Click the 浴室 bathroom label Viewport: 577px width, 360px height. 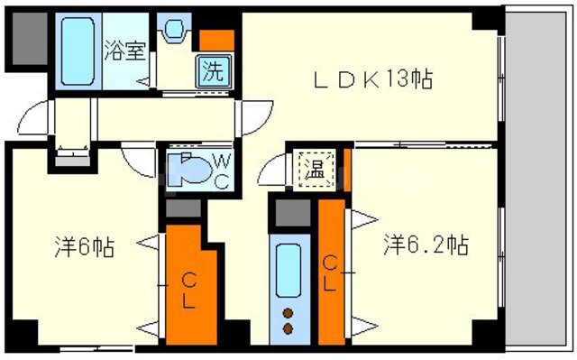pyautogui.click(x=124, y=50)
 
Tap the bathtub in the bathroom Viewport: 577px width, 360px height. pyautogui.click(x=78, y=50)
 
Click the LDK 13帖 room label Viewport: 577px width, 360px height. pyautogui.click(x=373, y=79)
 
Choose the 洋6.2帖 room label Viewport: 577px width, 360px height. pyautogui.click(x=426, y=245)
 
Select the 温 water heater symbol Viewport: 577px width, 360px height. pyautogui.click(x=310, y=168)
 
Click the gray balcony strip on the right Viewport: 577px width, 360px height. pyautogui.click(x=538, y=180)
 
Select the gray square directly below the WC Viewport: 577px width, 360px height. pyautogui.click(x=184, y=208)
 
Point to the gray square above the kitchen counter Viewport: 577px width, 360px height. pyautogui.click(x=291, y=214)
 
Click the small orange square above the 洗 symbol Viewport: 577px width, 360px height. pyautogui.click(x=216, y=40)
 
